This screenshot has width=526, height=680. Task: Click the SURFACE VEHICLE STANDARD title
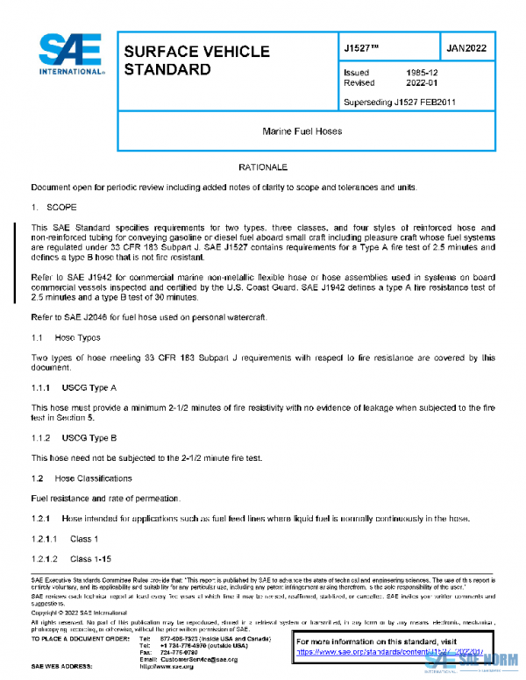tap(196, 60)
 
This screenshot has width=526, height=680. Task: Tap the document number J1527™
tap(363, 47)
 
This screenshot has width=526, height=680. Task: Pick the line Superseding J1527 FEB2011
tap(399, 103)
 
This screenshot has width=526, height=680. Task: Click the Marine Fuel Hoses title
tap(302, 131)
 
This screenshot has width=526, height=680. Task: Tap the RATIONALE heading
tap(263, 166)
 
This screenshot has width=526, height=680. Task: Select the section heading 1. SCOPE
tap(54, 209)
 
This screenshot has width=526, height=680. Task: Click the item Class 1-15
tap(89, 559)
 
